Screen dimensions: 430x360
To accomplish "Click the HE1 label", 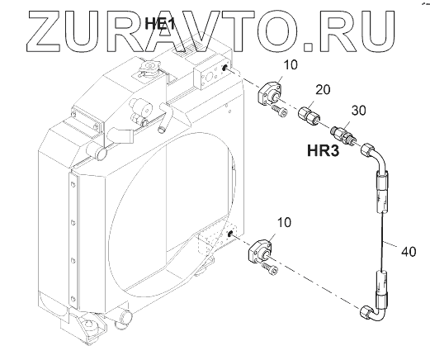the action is (x=160, y=23).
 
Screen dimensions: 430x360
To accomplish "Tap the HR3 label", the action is (x=324, y=151).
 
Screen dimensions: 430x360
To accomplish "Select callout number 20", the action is (x=323, y=90).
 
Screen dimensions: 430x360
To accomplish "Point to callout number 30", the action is (x=359, y=111).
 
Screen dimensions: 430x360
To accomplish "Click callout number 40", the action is (x=409, y=252).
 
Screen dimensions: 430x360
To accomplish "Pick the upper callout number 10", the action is (x=290, y=65).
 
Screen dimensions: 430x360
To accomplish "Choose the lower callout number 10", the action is (x=284, y=222).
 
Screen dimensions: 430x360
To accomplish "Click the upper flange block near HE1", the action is (x=269, y=92).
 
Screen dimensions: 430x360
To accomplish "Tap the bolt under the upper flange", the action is (x=279, y=111).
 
